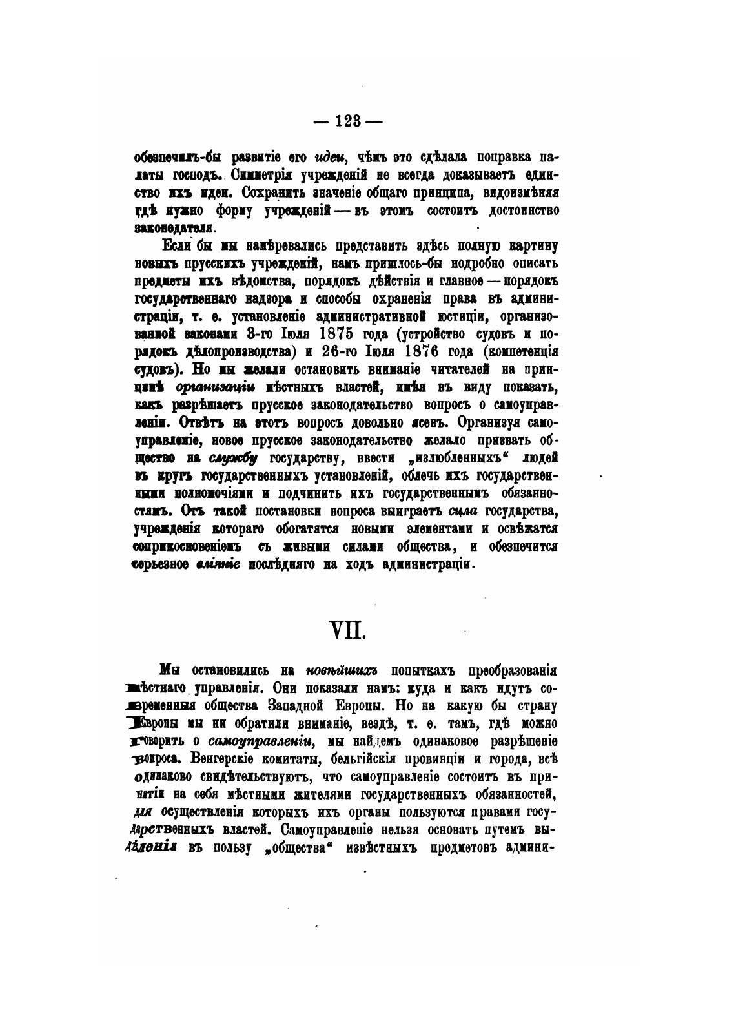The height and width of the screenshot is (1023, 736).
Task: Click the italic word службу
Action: (233, 458)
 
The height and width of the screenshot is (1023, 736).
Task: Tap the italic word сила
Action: (462, 511)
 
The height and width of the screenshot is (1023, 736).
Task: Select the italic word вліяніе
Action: (218, 564)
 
